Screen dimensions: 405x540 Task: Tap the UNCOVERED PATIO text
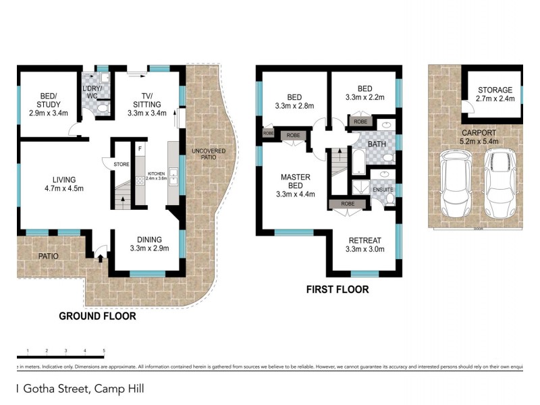coord(208,155)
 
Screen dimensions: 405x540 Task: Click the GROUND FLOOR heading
coord(97,316)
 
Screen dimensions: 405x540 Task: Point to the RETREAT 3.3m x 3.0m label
coord(364,244)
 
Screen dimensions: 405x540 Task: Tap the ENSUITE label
coord(383,190)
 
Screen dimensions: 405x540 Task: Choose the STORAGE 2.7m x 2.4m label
coord(495,94)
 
